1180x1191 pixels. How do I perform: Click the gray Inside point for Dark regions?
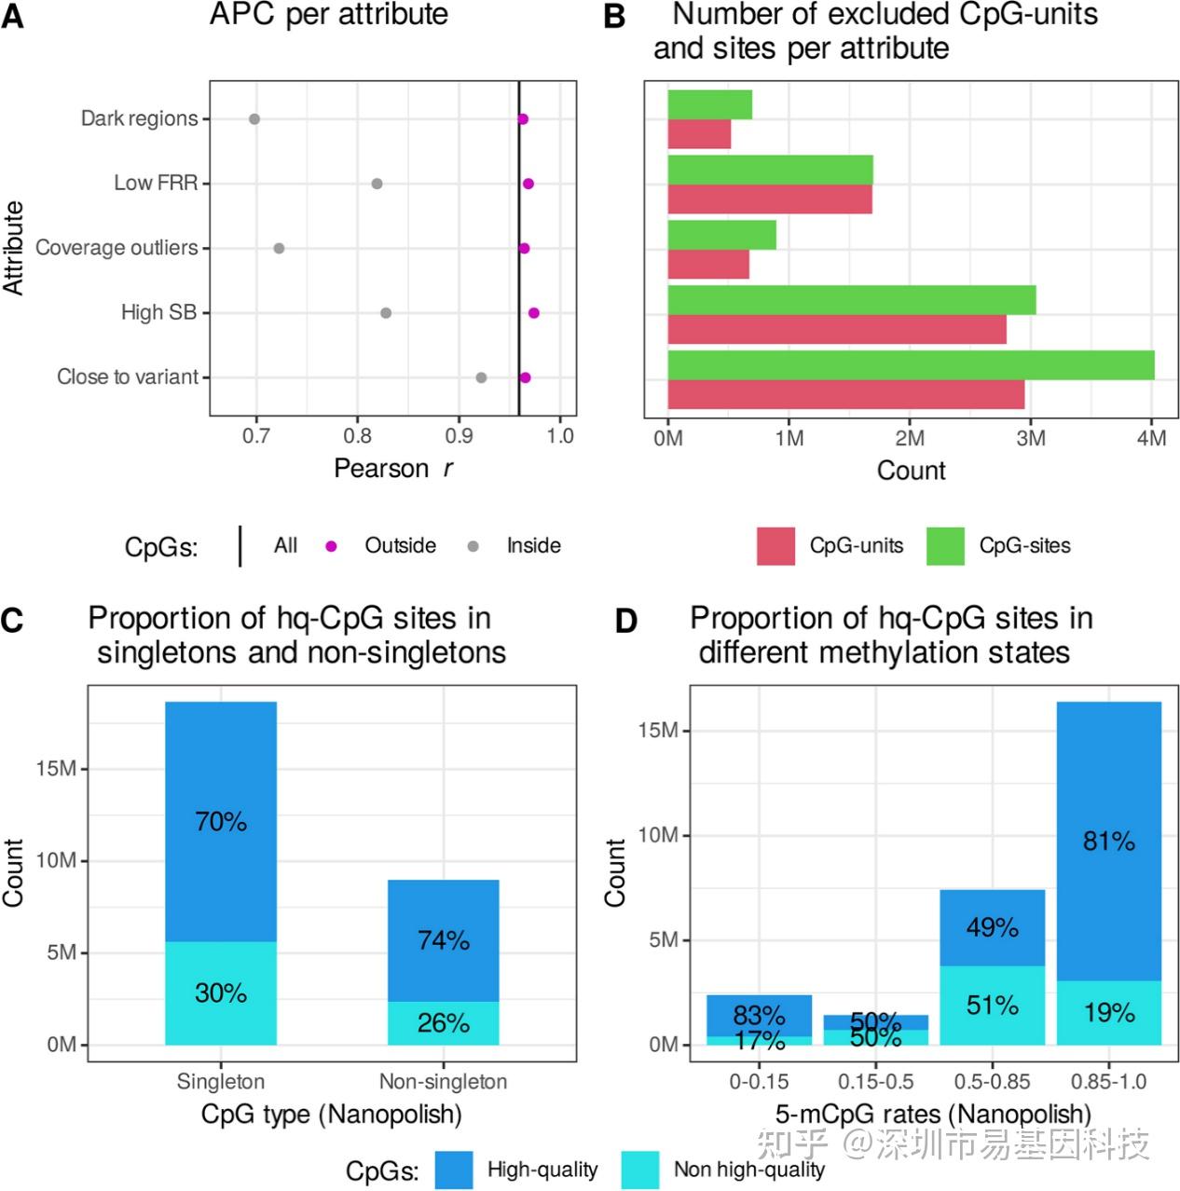[x=254, y=119]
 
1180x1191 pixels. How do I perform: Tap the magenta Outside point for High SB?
[x=533, y=313]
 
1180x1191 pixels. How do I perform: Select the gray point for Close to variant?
[x=481, y=377]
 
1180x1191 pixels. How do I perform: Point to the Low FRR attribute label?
[x=156, y=184]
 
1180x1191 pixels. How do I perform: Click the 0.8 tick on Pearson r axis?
[x=357, y=436]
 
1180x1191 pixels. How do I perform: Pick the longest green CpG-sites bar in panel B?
[x=911, y=365]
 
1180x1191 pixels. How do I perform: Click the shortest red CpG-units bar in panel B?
[x=699, y=134]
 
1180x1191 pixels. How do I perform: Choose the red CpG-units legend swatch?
[x=775, y=546]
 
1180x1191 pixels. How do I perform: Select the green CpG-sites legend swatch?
[x=945, y=546]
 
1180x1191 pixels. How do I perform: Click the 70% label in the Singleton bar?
[x=221, y=822]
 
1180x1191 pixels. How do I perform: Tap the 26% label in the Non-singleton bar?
[x=444, y=1023]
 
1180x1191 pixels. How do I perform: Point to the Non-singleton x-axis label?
[x=443, y=1082]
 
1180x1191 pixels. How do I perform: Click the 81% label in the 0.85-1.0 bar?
[x=1109, y=842]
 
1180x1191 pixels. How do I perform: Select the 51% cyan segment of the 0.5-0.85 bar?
[x=992, y=1006]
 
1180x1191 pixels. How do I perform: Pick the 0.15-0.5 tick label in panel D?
[x=875, y=1082]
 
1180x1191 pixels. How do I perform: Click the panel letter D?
[x=625, y=621]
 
